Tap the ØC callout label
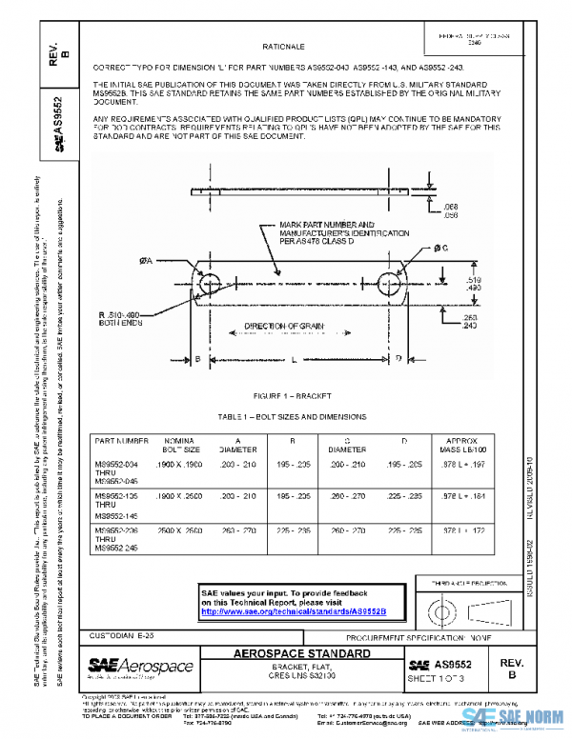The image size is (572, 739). (x=440, y=249)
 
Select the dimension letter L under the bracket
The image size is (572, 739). (x=294, y=359)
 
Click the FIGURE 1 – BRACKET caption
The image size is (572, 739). (x=293, y=394)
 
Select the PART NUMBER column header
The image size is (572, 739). (x=119, y=442)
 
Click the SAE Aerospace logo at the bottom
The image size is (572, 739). (x=140, y=667)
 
